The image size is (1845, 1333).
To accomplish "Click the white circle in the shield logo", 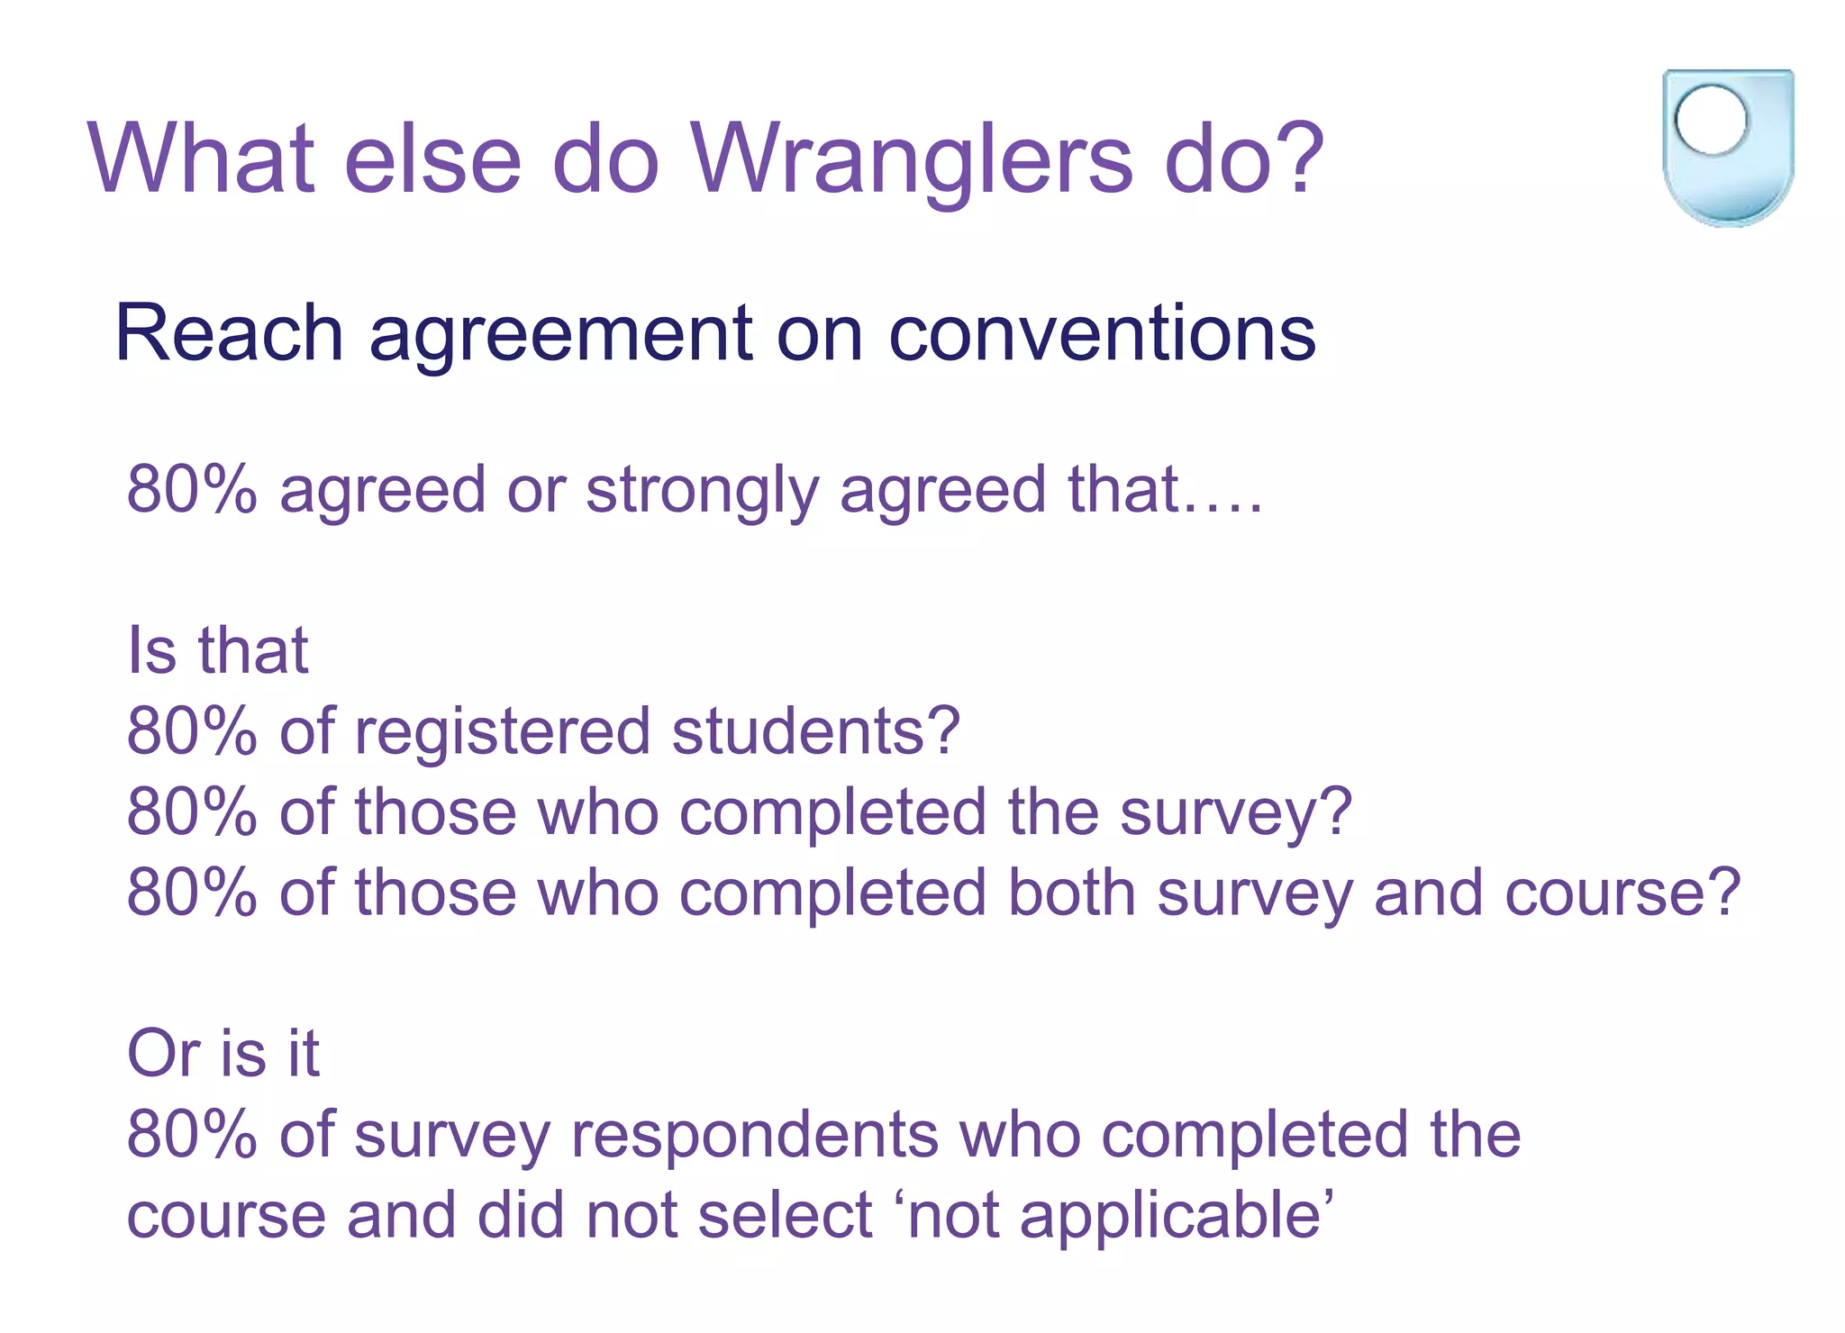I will pos(1711,121).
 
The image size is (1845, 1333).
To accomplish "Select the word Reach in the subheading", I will pos(229,333).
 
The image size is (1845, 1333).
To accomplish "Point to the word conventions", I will pos(1102,333).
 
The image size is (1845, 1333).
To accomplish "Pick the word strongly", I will pos(702,492).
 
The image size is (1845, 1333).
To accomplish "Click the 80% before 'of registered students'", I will pos(192,730).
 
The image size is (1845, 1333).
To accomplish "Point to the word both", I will pos(1071,892).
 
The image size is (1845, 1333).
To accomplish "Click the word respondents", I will pos(755,1135).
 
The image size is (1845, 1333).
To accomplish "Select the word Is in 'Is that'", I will pos(151,649).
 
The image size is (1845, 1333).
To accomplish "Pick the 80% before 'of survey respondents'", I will pos(192,1134).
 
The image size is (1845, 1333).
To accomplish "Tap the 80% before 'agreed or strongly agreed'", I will pos(192,490).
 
